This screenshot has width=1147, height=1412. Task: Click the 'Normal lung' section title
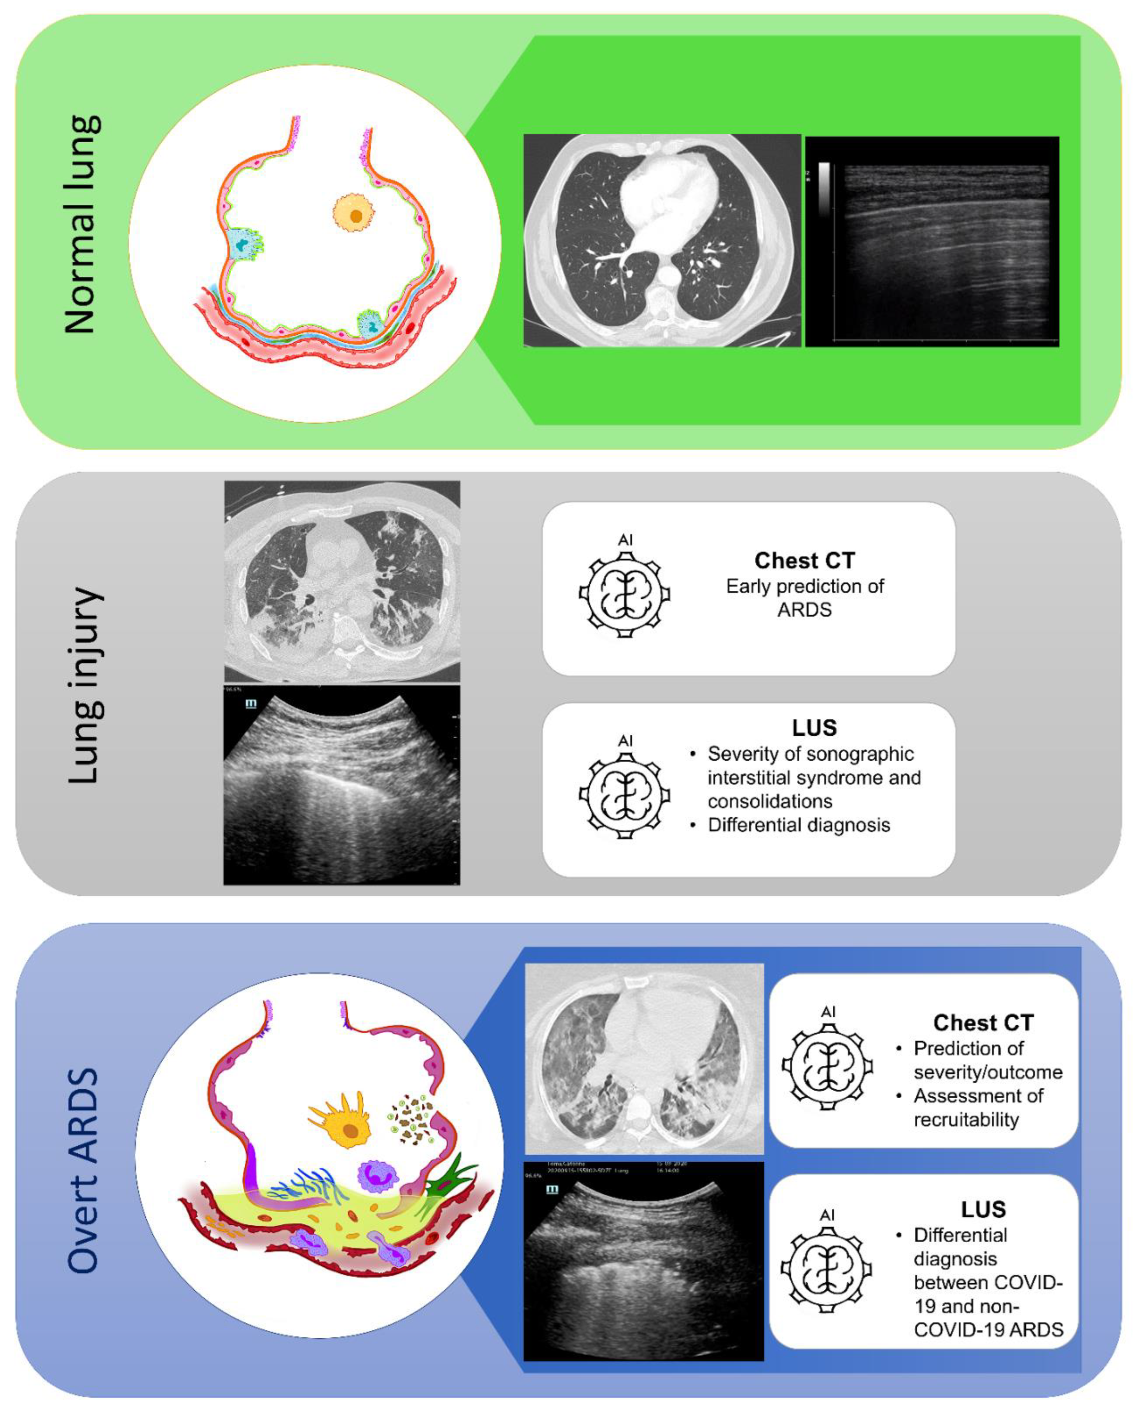coord(82,225)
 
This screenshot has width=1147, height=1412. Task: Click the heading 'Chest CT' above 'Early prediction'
coord(804,560)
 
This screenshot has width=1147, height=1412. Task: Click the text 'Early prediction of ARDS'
coord(804,597)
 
